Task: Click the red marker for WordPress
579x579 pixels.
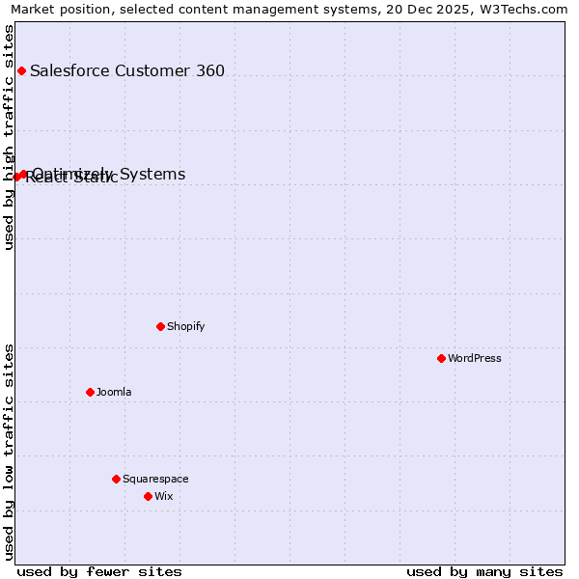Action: (441, 358)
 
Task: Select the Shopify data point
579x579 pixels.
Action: (160, 326)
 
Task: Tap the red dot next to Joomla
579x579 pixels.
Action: (90, 392)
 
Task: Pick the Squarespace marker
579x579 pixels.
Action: (116, 479)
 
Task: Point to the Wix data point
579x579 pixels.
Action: (148, 496)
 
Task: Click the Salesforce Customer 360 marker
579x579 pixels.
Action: (21, 70)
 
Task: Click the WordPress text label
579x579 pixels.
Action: (474, 358)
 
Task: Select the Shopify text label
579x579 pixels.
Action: (185, 326)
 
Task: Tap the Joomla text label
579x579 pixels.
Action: (114, 392)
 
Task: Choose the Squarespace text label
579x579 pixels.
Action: (155, 479)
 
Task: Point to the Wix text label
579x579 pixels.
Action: (164, 496)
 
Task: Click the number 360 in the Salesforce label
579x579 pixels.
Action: (208, 70)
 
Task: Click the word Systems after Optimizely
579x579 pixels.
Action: (150, 174)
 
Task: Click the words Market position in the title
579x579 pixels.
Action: (57, 9)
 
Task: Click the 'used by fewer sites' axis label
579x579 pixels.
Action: (99, 571)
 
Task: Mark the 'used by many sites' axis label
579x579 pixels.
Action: (484, 571)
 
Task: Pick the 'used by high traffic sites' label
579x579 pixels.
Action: (9, 137)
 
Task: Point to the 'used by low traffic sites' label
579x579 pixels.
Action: (9, 451)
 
